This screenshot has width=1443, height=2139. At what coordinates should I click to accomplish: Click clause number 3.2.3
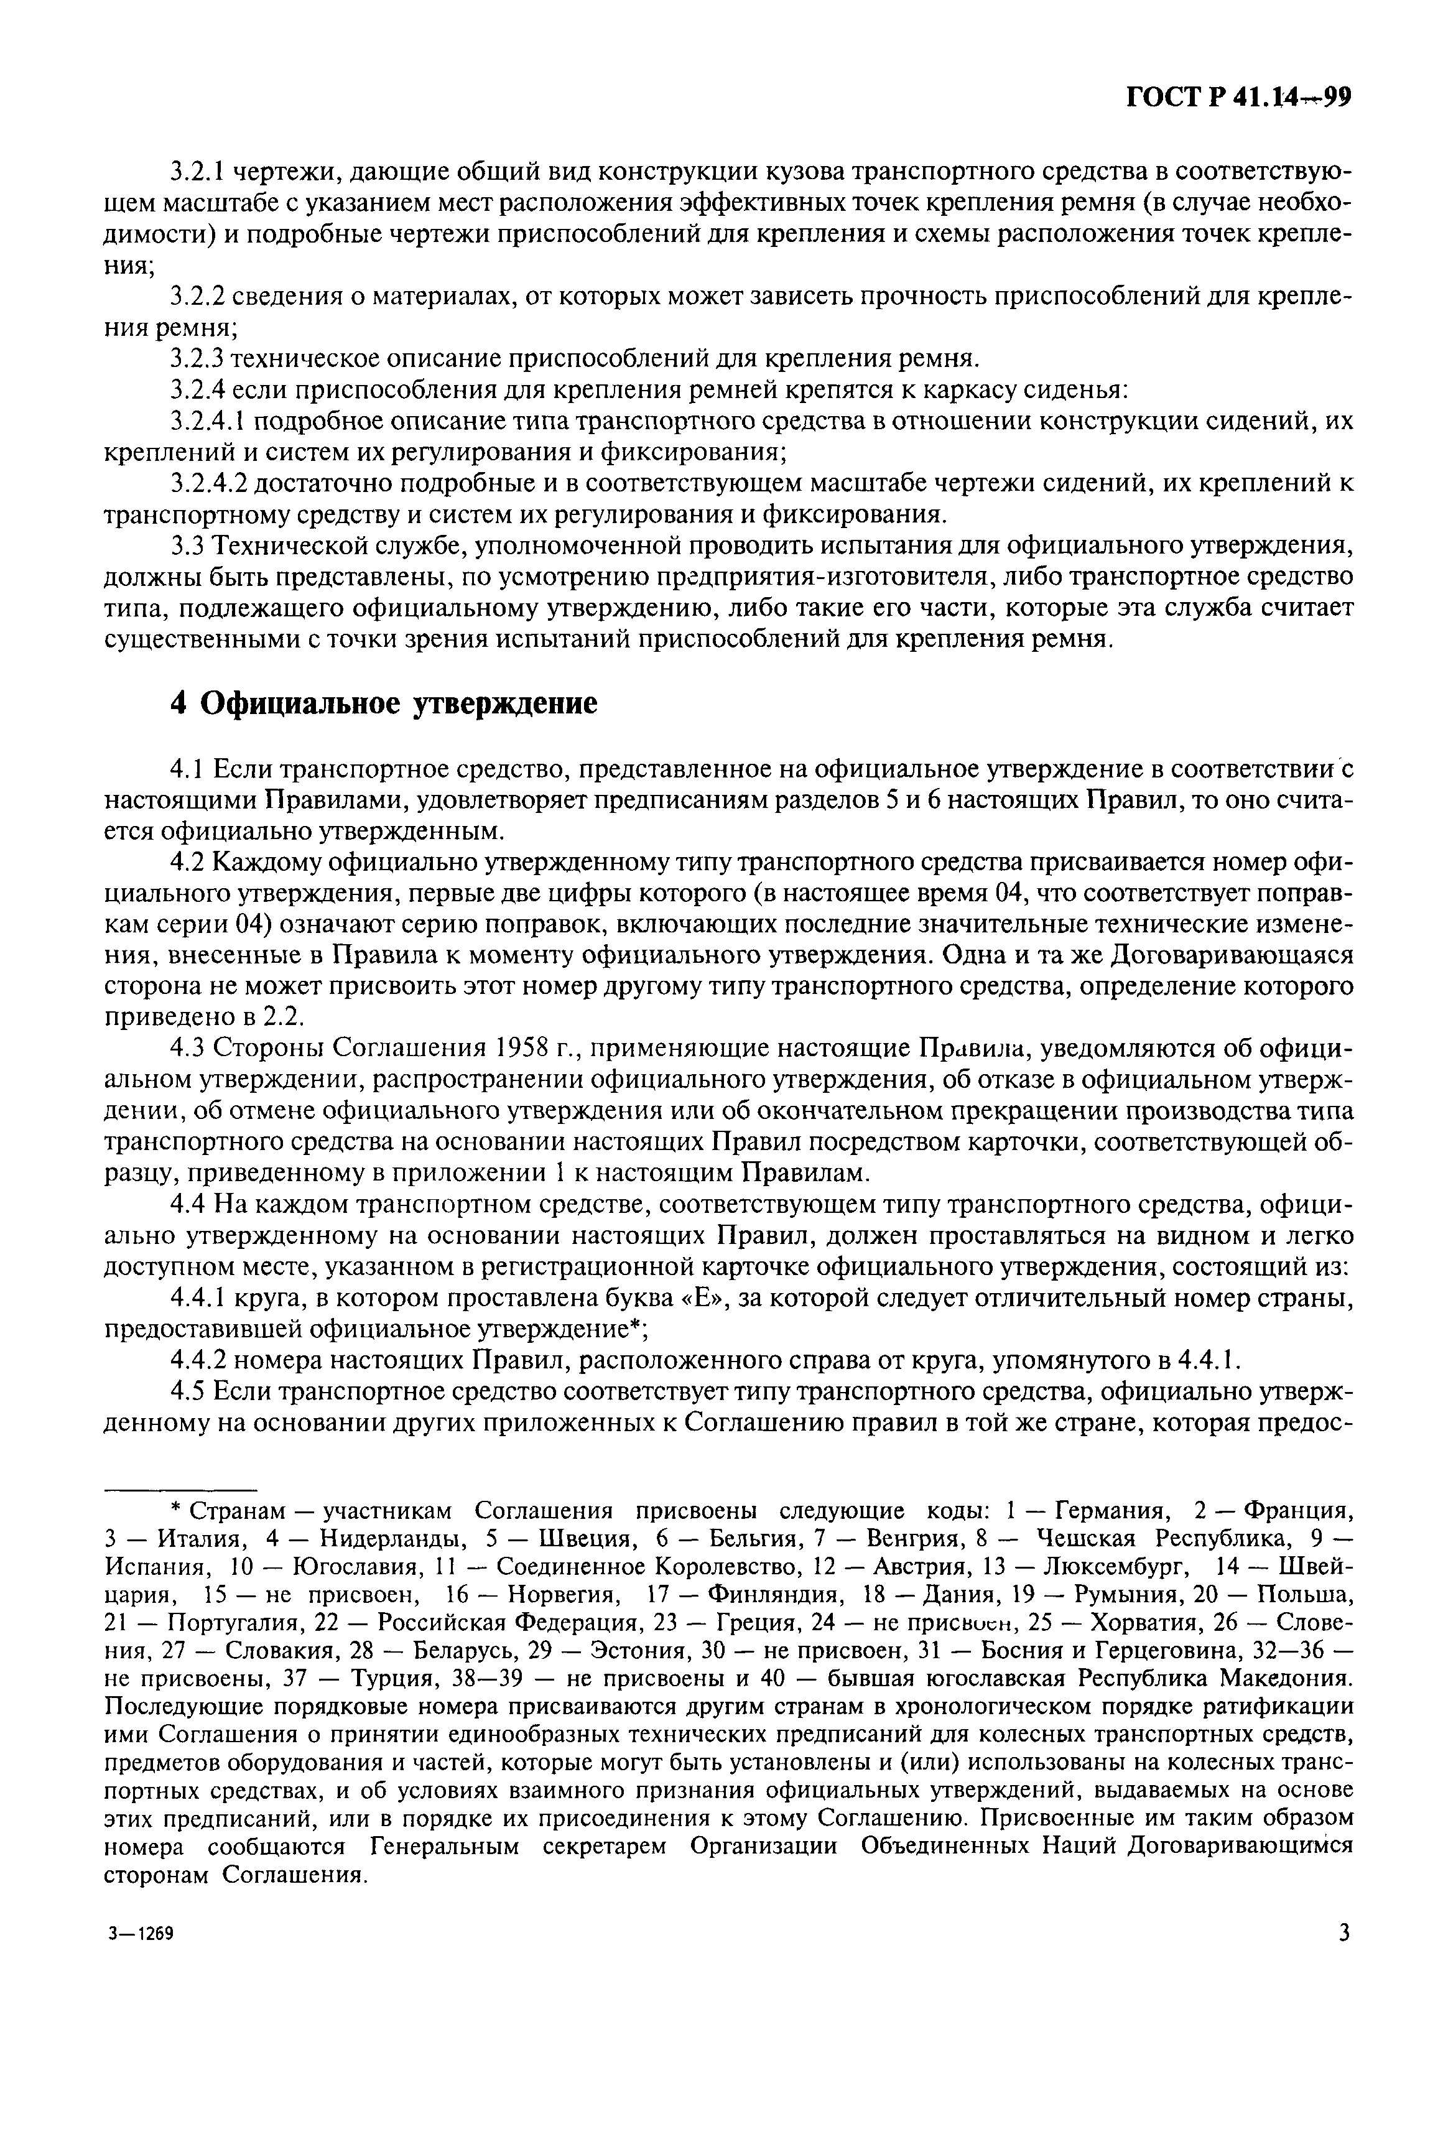click(199, 358)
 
